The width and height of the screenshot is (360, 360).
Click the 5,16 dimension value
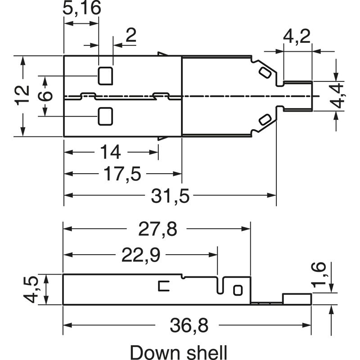(x=81, y=9)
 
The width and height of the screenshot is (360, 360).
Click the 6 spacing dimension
(x=45, y=96)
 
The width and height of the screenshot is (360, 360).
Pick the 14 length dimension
(x=110, y=153)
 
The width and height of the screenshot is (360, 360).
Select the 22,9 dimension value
(x=140, y=256)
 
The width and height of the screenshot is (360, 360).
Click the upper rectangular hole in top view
(x=105, y=76)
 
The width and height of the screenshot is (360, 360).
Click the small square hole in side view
(x=238, y=289)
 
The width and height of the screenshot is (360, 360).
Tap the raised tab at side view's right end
(x=297, y=299)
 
